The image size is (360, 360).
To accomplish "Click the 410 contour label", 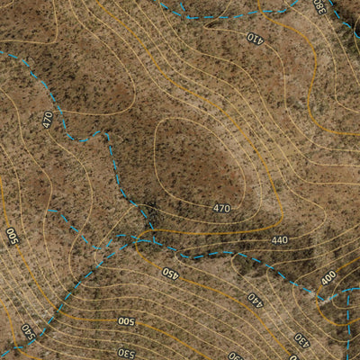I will [255, 38].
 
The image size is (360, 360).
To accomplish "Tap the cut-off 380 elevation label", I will [319, 5].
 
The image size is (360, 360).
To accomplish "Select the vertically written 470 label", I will [47, 119].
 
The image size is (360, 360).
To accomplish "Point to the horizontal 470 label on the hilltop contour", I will [222, 209].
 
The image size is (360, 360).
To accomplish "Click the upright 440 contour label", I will [279, 240].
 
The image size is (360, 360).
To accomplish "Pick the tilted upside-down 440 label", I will [256, 298].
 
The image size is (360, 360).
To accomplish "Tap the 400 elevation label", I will [328, 277].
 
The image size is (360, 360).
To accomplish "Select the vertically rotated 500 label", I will [12, 237].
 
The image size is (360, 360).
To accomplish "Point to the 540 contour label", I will [27, 330].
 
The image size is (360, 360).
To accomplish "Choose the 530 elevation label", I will [125, 352].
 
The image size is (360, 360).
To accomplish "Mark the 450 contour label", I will [170, 272].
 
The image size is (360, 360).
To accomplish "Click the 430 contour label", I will [301, 339].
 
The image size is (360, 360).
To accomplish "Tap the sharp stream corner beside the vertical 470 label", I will [107, 133].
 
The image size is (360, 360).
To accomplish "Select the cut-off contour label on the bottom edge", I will [236, 355].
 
